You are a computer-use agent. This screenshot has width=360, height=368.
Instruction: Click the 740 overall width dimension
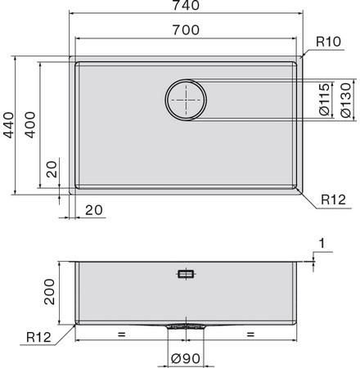(x=186, y=5)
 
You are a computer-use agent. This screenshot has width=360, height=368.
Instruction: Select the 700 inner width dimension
(x=186, y=29)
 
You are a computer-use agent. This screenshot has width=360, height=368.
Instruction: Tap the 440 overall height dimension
(x=8, y=125)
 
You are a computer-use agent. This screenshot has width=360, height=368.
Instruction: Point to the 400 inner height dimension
(x=29, y=124)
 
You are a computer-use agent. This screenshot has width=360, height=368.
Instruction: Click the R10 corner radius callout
(x=328, y=42)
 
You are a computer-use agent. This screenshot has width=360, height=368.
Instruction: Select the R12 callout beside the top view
(x=333, y=200)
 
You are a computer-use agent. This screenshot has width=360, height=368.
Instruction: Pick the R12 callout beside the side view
(x=38, y=337)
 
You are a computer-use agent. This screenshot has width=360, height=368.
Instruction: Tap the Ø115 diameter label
(x=325, y=100)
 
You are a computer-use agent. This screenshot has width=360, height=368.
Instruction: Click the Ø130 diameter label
(x=346, y=100)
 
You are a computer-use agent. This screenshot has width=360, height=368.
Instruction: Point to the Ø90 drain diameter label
(x=186, y=359)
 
